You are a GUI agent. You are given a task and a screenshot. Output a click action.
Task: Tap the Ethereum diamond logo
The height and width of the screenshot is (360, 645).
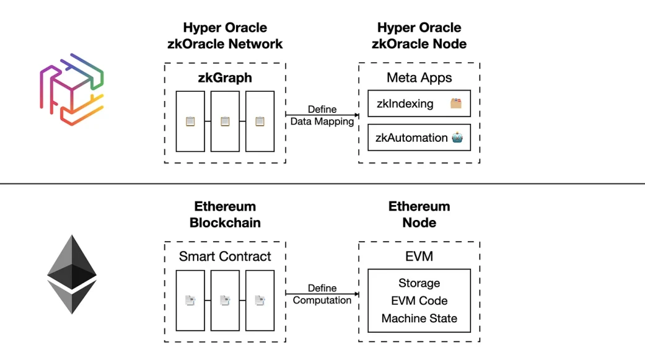(72, 274)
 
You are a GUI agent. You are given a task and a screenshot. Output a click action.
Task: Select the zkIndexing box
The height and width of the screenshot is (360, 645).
(419, 103)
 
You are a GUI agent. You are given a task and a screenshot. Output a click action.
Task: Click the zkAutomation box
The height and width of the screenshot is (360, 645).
(419, 138)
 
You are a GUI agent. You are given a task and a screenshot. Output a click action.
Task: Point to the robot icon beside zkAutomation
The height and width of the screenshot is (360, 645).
(457, 138)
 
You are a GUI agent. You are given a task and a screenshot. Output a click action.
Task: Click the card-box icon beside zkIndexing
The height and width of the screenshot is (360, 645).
(456, 103)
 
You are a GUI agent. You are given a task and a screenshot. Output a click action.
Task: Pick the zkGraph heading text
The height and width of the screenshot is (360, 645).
(225, 77)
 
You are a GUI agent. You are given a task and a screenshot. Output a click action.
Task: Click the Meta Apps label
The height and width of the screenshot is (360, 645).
(419, 77)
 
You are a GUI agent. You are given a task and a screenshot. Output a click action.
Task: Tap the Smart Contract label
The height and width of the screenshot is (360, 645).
(225, 257)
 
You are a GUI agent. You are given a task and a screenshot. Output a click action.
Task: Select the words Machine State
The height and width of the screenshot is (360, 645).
(419, 318)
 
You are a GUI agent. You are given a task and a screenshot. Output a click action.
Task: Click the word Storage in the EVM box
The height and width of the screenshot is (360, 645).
(419, 283)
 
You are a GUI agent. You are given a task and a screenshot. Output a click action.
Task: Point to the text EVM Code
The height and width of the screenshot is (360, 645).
(419, 301)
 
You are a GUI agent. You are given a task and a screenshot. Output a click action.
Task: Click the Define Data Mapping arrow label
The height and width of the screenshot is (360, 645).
(322, 115)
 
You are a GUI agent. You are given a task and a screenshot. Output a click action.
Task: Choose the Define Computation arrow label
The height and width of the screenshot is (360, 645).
(322, 294)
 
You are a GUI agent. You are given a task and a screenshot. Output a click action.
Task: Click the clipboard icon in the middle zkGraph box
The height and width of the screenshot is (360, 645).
(225, 121)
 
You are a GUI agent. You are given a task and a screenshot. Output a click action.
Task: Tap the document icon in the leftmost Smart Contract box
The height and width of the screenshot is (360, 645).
(190, 301)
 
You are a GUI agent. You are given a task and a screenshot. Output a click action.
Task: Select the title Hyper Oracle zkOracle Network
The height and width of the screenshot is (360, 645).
(225, 35)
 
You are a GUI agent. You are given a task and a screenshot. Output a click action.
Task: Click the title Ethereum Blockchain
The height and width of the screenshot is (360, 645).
(225, 214)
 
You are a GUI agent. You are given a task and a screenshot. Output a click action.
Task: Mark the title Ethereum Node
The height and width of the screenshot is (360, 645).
(419, 214)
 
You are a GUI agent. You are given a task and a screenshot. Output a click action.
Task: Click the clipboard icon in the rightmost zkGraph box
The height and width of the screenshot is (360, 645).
(260, 121)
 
